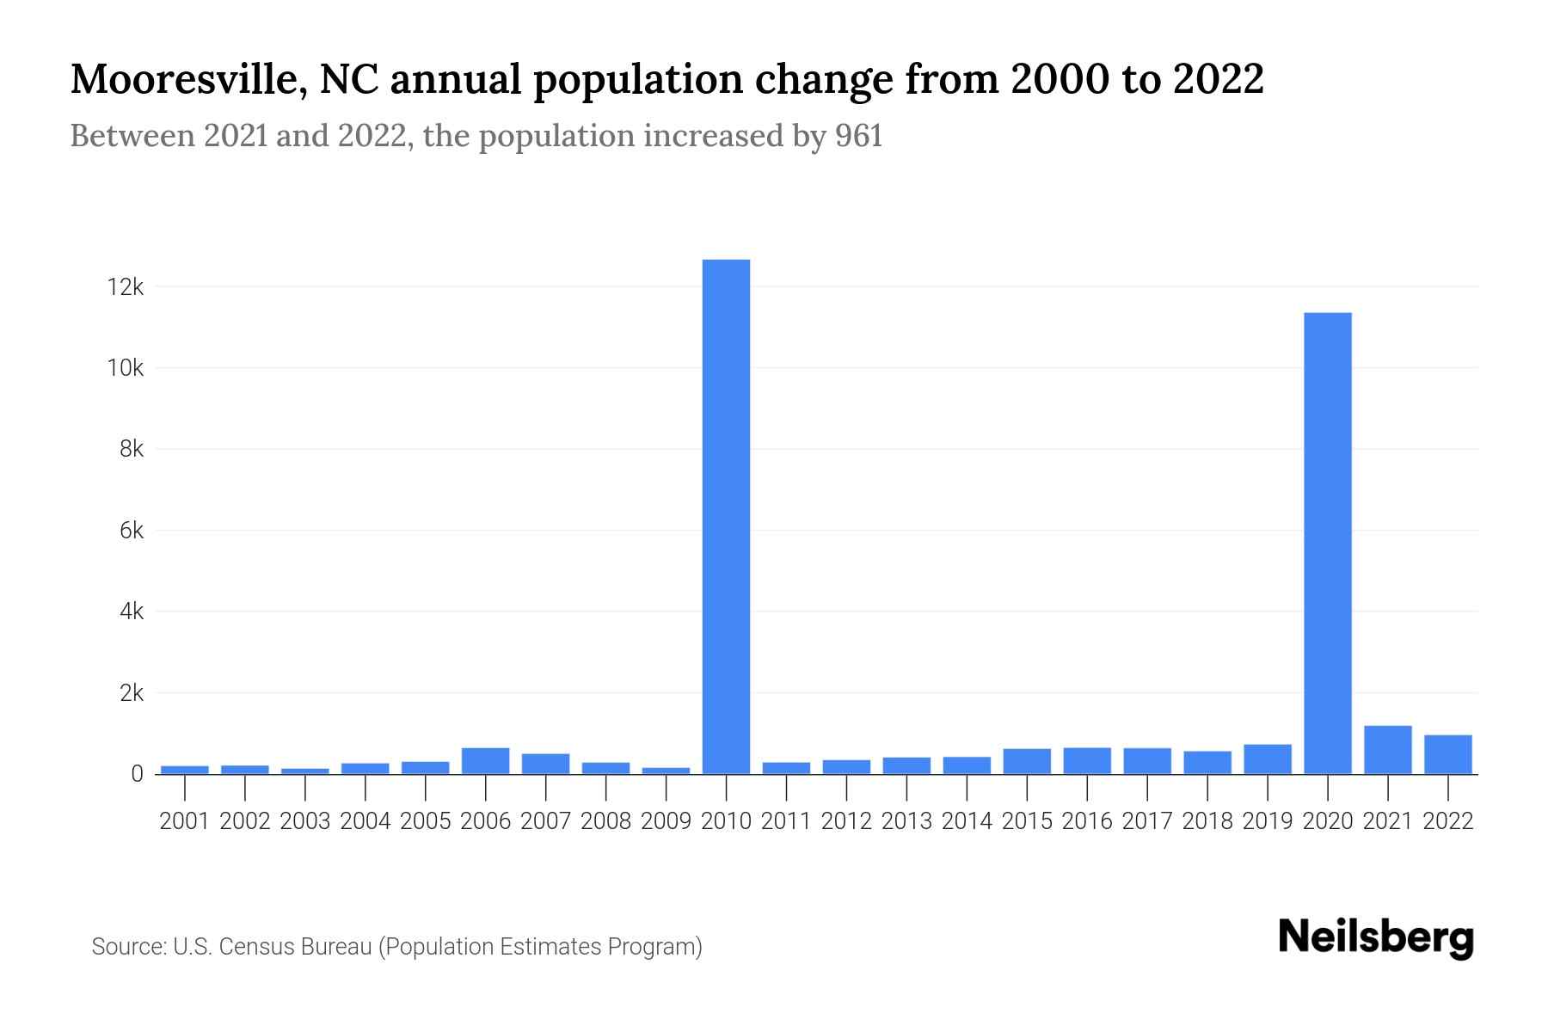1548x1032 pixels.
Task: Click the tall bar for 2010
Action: coord(726,516)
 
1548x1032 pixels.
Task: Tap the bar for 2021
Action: coord(1388,750)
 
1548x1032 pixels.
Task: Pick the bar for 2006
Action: coord(485,761)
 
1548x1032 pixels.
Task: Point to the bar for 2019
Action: coord(1268,759)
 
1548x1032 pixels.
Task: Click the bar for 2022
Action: coord(1448,754)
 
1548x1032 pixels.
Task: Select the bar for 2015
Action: coord(1027,761)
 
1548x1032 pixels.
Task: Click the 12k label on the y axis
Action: coord(125,287)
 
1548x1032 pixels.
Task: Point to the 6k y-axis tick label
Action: coord(131,531)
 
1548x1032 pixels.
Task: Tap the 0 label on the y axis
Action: coord(137,774)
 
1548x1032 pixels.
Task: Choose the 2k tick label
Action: coord(131,693)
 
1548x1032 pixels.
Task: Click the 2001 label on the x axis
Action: coord(184,821)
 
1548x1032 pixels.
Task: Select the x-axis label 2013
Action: coord(906,821)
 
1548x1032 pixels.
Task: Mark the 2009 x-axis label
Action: coord(666,821)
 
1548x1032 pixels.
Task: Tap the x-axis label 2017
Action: coord(1147,821)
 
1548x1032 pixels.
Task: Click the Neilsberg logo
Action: coord(1376,937)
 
